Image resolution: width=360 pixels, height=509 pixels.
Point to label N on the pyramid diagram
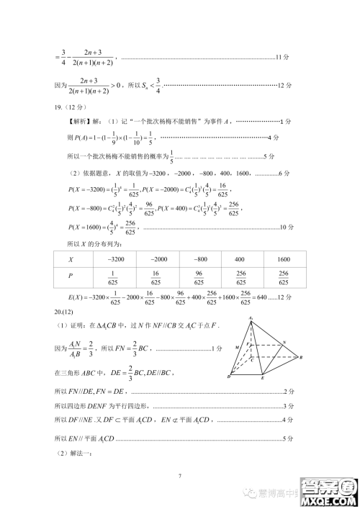(284, 342)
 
